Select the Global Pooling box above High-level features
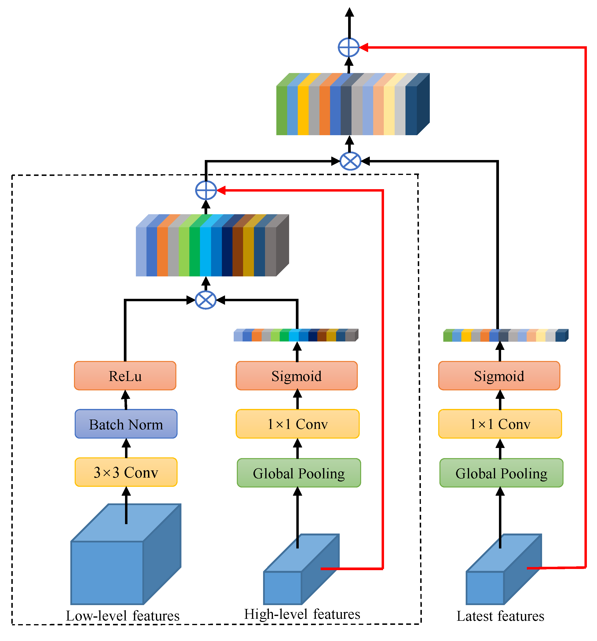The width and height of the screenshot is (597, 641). pos(298,473)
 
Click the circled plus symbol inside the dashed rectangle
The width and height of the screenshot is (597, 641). pos(206,190)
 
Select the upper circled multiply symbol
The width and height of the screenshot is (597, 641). pos(350,161)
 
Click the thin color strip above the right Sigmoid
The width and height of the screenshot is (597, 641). pos(505,336)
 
